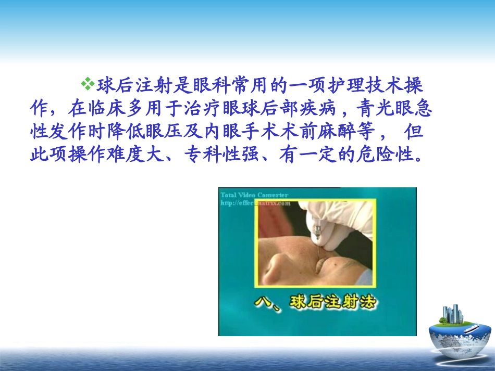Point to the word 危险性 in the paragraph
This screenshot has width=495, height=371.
(x=388, y=155)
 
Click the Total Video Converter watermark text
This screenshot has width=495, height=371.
(x=254, y=195)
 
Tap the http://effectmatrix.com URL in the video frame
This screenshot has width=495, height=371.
(x=255, y=203)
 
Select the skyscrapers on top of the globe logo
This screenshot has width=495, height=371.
(x=452, y=313)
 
